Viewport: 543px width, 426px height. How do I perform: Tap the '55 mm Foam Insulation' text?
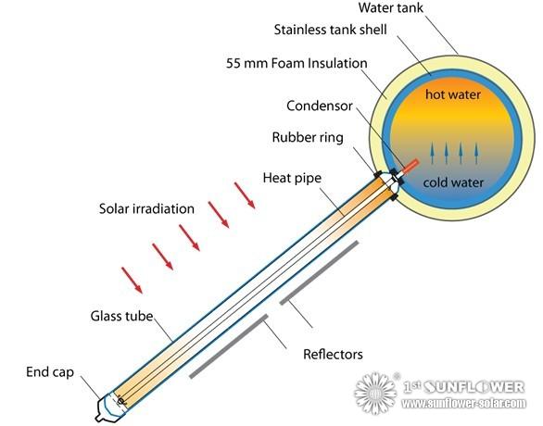(297, 64)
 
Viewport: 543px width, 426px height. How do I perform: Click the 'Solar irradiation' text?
(146, 208)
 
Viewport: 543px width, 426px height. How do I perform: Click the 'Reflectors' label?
(333, 354)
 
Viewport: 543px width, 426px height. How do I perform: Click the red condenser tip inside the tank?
(409, 163)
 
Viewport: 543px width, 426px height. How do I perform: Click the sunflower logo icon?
(377, 393)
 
